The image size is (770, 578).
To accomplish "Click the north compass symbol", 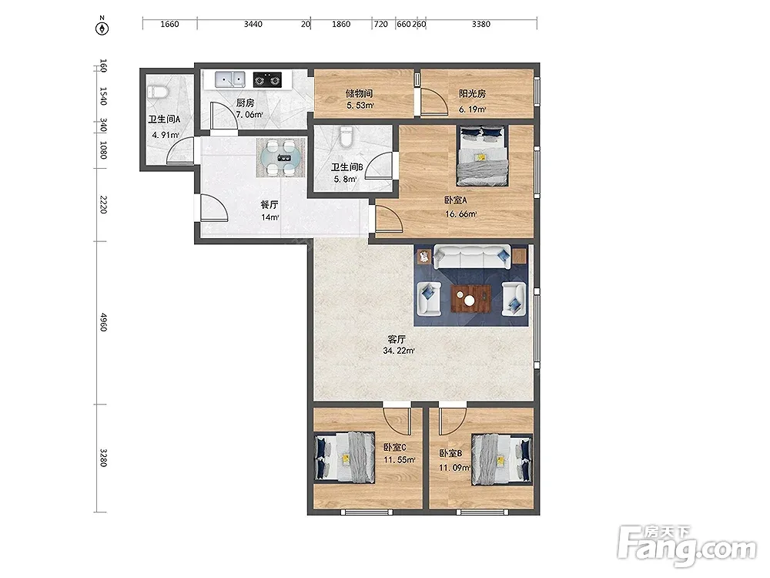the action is tap(102, 27).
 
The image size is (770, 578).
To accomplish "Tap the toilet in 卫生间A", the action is tap(158, 92).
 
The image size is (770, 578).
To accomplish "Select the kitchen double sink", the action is tap(229, 79).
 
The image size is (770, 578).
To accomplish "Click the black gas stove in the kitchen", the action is tap(268, 79).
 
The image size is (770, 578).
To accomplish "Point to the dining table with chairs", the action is tap(281, 157).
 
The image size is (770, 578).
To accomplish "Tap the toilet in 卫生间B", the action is tap(346, 136).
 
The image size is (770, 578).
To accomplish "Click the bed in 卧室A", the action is tap(482, 156).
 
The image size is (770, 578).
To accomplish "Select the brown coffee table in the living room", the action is tap(471, 298).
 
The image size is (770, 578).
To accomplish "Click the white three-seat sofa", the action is tap(472, 257).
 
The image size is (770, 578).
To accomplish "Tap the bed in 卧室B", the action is tap(502, 459).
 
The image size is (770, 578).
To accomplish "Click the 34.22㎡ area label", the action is tap(398, 351).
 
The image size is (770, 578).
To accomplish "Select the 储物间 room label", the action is tap(359, 93).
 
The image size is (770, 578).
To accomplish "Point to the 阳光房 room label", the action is tap(473, 93).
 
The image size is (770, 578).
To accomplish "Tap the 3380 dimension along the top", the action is tap(480, 24).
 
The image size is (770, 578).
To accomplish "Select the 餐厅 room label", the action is tap(269, 205).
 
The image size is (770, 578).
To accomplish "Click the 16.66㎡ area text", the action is tap(460, 214).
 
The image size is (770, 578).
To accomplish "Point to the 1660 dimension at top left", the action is tap(169, 24).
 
